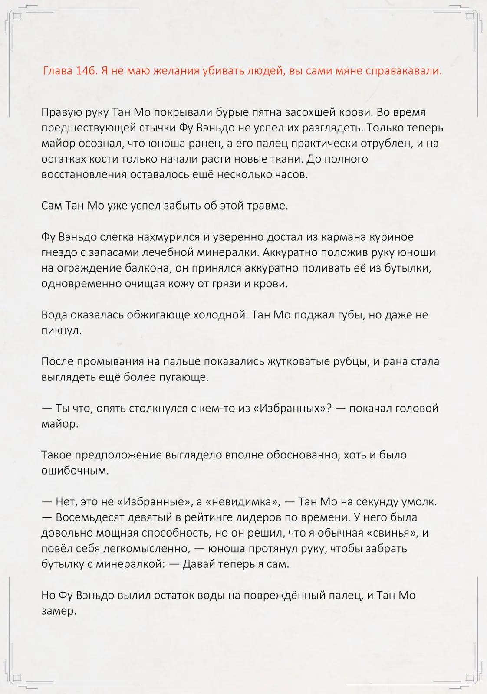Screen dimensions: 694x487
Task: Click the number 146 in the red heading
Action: (86, 71)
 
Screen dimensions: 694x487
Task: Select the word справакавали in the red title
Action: (403, 71)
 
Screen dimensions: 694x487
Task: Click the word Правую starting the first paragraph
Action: (59, 112)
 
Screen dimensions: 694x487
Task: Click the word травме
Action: (271, 206)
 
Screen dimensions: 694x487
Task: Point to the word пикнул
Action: (61, 331)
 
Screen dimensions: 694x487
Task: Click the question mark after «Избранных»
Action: (329, 408)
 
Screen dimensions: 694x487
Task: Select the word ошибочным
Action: (75, 471)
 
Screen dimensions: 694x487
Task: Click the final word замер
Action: (59, 611)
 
